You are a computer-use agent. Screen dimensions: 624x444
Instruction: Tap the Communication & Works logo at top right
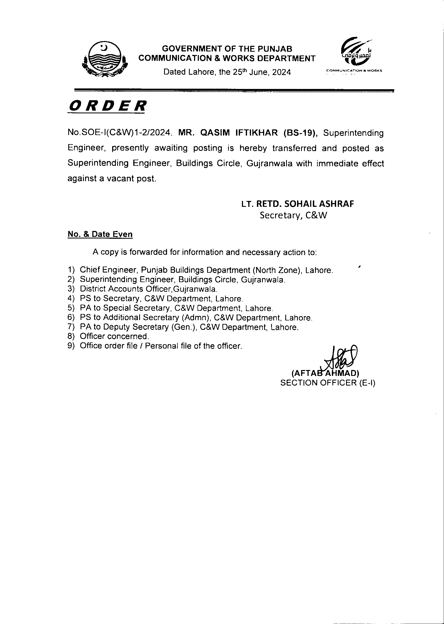point(355,54)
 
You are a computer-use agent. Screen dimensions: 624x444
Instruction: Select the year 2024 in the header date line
point(281,72)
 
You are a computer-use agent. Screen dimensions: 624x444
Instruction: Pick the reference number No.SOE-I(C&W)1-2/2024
point(120,133)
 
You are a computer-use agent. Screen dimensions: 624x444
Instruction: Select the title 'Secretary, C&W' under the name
point(293,216)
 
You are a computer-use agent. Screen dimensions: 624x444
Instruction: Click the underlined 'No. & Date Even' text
point(100,234)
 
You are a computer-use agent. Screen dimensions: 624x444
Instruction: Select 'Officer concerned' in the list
point(114,336)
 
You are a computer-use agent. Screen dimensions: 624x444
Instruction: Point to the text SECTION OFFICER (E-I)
point(328,383)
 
